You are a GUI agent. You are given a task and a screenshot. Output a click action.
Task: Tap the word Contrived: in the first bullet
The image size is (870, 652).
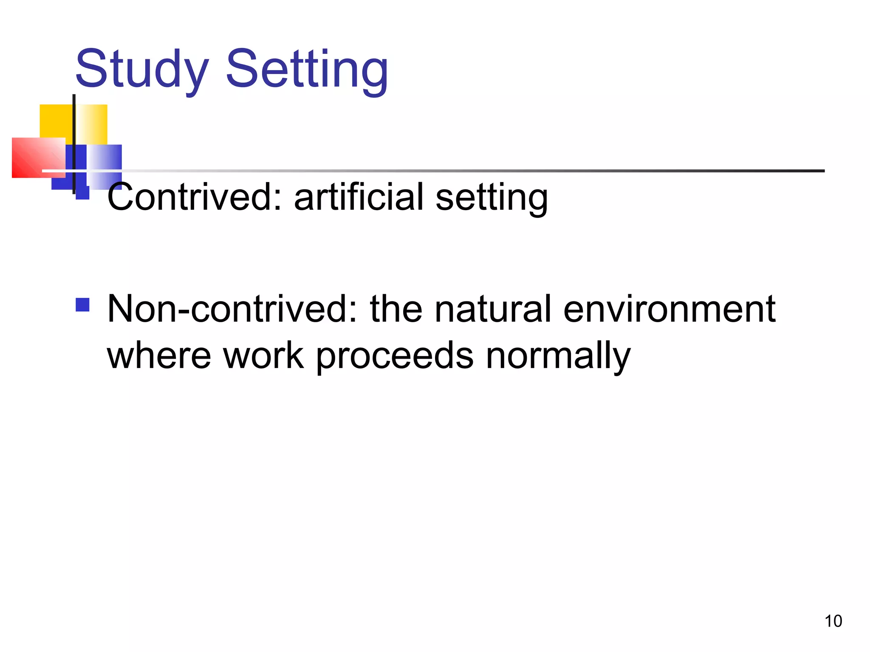click(x=195, y=197)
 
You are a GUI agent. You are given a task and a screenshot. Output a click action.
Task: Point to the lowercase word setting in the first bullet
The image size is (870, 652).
click(x=491, y=197)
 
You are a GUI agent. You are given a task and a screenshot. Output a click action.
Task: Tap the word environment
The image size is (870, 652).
click(x=669, y=309)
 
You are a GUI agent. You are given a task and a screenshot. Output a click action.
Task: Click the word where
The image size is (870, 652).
click(x=159, y=355)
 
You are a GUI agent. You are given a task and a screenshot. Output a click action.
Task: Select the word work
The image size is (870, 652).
click(x=263, y=355)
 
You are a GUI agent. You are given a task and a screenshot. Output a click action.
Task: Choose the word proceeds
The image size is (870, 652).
click(x=395, y=357)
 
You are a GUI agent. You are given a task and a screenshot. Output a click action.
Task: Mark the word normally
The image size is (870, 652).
click(x=558, y=357)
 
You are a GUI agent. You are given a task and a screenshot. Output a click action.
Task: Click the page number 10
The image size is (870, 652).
click(x=833, y=621)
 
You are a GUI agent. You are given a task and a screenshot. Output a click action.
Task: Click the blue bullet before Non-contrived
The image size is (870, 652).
click(x=82, y=305)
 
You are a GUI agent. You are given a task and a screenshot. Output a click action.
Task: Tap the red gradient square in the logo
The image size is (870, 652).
click(x=34, y=157)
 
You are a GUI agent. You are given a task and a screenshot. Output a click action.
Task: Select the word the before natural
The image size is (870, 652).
click(x=396, y=309)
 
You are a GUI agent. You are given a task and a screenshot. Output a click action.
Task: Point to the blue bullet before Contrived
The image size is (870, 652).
click(x=82, y=193)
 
